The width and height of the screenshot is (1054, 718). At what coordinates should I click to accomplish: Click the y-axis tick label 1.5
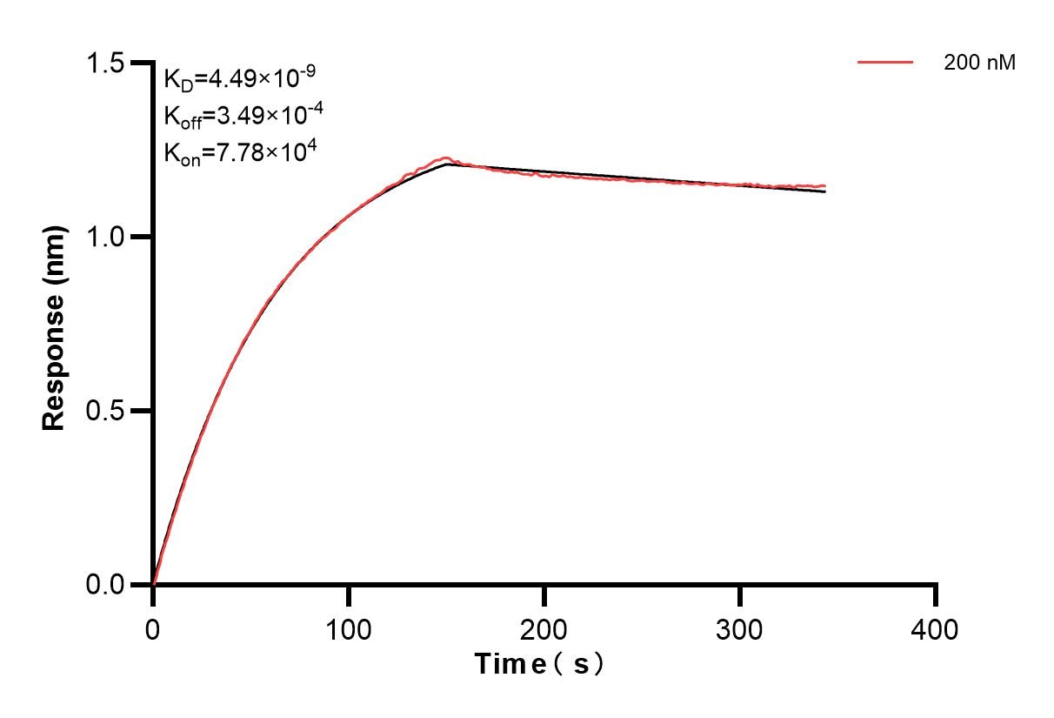pyautogui.click(x=104, y=64)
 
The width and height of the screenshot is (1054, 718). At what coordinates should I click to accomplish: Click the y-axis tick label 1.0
pyautogui.click(x=104, y=237)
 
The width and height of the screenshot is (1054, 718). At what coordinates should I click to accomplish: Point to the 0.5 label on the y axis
pyautogui.click(x=104, y=411)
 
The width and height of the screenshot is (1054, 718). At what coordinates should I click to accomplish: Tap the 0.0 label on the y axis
pyautogui.click(x=104, y=584)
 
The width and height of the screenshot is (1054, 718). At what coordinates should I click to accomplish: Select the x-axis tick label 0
pyautogui.click(x=153, y=628)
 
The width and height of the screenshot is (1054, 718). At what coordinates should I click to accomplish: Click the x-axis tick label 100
pyautogui.click(x=348, y=628)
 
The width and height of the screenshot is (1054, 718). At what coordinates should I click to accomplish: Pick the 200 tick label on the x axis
pyautogui.click(x=544, y=628)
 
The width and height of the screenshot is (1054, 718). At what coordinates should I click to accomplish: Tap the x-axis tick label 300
pyautogui.click(x=739, y=628)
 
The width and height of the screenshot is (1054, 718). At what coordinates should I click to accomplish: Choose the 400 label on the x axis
pyautogui.click(x=935, y=628)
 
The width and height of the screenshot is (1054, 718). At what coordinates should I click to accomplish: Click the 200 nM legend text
pyautogui.click(x=979, y=63)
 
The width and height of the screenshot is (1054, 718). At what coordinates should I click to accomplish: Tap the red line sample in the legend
pyautogui.click(x=885, y=63)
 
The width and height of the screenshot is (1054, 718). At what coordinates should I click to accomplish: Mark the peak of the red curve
pyautogui.click(x=445, y=158)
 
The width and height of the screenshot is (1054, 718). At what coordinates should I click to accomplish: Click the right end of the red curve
pyautogui.click(x=824, y=185)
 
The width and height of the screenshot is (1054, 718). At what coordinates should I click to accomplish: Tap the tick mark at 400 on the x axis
pyautogui.click(x=936, y=595)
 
